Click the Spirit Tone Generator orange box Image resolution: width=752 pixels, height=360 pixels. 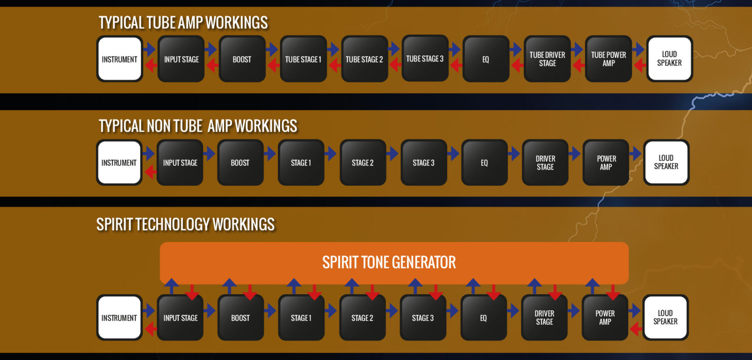pos(394,263)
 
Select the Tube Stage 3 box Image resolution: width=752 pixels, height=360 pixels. pos(425,58)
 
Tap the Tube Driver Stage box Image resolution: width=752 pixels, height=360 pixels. pos(547,59)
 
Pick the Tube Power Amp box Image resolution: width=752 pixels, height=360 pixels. pos(608,59)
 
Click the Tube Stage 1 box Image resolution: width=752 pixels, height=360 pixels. pos(303,59)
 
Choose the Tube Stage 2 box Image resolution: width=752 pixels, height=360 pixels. pos(365,59)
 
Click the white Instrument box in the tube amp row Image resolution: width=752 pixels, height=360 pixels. pos(119,59)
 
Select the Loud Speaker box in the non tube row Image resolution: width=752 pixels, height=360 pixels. pos(666,162)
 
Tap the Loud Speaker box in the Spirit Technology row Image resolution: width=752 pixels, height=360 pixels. pos(666,317)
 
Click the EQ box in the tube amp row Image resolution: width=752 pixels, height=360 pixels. pos(486,59)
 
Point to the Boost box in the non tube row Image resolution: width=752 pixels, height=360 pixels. pos(240,163)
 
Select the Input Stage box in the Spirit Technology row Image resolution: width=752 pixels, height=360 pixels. pos(180,318)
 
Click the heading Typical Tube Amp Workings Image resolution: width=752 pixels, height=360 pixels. pos(183,23)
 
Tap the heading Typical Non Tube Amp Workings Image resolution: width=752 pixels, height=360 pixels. pos(198,126)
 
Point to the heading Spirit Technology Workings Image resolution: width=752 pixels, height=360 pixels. pos(185,224)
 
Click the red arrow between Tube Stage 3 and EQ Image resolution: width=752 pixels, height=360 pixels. pos(456,65)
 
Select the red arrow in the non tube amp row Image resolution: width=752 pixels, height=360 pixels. pos(150,172)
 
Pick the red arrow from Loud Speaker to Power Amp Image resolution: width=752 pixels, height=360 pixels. pos(636,329)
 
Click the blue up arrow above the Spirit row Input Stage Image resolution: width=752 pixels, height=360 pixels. pos(172,286)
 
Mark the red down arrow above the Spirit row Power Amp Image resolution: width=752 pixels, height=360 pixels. pos(613,292)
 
